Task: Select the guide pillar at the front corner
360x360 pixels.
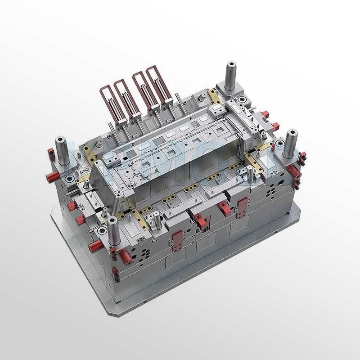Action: pos(111,232)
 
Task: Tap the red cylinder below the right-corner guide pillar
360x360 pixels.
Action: pos(295,170)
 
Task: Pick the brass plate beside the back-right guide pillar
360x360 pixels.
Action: pos(214,95)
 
